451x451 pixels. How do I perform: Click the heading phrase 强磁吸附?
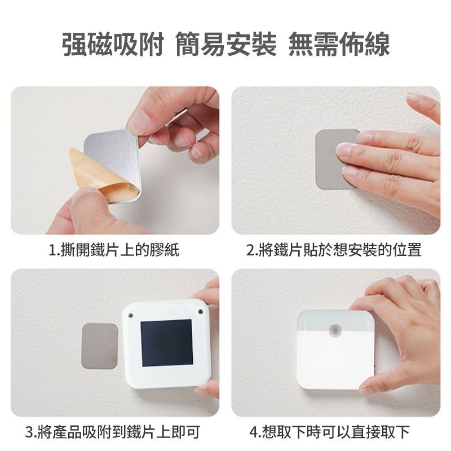[x=113, y=44]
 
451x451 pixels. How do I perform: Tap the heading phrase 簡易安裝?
[x=226, y=44]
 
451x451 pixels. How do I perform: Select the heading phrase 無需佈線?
[x=339, y=44]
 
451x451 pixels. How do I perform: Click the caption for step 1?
[x=114, y=249]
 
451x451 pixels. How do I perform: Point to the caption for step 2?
[x=334, y=249]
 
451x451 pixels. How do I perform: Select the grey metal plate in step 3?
[x=100, y=346]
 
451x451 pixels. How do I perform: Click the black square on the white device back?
[x=166, y=343]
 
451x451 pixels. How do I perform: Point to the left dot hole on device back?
[x=131, y=315]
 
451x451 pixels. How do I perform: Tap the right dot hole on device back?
[x=201, y=312]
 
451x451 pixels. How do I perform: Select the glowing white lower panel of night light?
[x=335, y=360]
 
